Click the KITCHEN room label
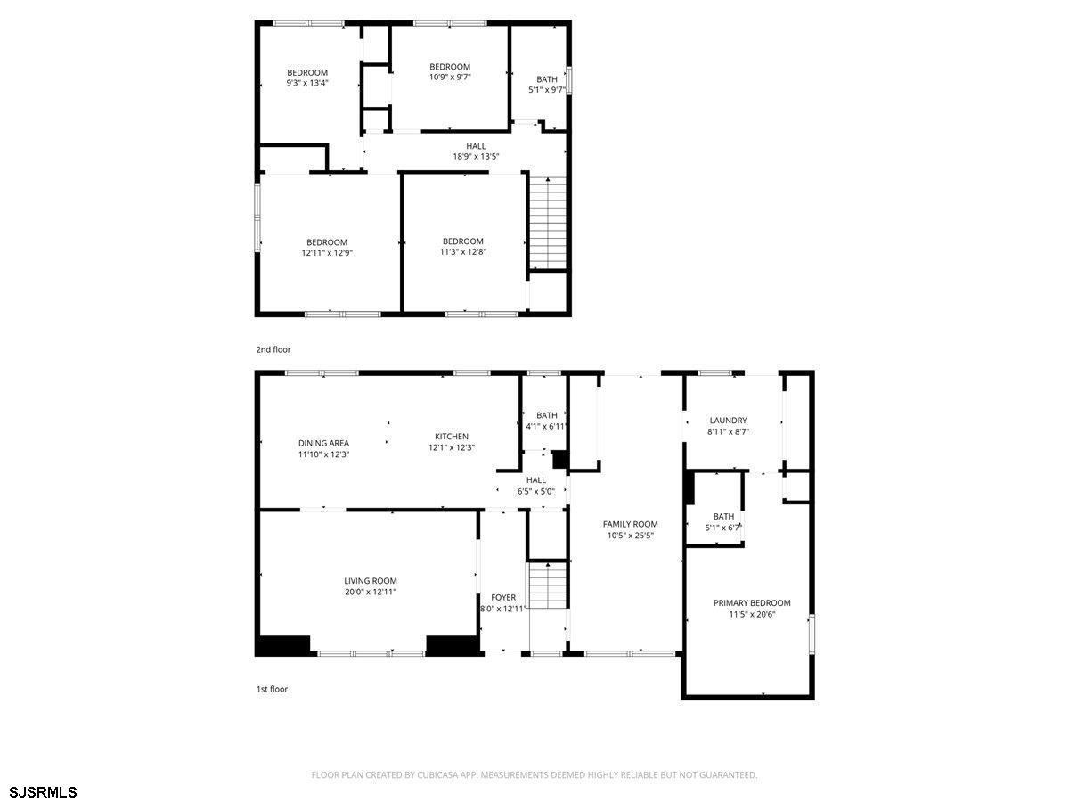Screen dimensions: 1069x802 451,437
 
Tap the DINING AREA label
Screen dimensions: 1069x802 323,443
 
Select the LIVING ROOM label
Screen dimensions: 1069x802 370,580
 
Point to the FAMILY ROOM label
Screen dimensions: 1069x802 630,524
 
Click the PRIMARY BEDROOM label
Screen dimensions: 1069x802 752,603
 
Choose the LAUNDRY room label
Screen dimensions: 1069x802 728,421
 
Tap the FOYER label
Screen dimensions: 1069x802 503,597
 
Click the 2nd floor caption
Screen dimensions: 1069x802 273,349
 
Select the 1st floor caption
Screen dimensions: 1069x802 272,689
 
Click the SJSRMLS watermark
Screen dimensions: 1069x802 43,792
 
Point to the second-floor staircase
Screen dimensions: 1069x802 548,223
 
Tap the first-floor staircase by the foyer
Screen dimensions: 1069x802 548,585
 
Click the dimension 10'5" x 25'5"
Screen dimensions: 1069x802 630,536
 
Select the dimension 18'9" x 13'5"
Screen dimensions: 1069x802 476,156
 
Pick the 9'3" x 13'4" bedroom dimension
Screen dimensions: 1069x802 306,83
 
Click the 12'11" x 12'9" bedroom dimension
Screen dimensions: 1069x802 326,253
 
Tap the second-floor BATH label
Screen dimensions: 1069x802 546,79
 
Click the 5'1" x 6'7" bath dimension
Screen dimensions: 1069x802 722,528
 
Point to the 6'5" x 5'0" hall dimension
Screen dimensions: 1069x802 535,491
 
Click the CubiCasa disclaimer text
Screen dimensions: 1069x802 534,774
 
